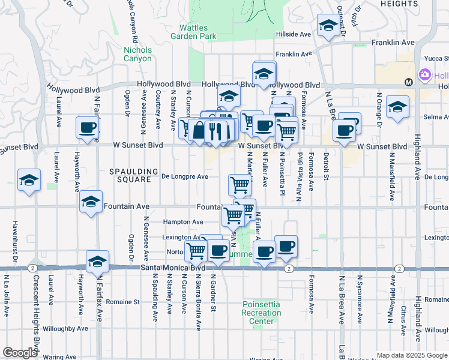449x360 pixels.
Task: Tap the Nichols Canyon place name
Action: tap(137, 54)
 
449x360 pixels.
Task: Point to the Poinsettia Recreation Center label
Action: tap(262, 313)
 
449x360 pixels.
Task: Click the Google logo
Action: tap(20, 353)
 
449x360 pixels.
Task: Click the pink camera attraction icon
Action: tap(425, 75)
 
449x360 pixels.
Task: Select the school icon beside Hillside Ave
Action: tap(328, 26)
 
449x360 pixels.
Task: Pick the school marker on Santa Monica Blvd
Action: tap(97, 262)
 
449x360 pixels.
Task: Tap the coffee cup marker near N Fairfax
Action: tap(88, 128)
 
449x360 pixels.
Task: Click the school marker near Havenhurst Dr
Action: tap(29, 180)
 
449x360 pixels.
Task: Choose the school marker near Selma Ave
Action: tap(397, 107)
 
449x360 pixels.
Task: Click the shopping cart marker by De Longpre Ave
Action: tap(240, 185)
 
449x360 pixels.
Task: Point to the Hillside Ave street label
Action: tap(294, 34)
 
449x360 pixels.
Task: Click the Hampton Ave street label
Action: tap(184, 221)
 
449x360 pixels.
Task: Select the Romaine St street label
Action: tap(124, 302)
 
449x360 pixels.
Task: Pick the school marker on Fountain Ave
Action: tap(91, 202)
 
